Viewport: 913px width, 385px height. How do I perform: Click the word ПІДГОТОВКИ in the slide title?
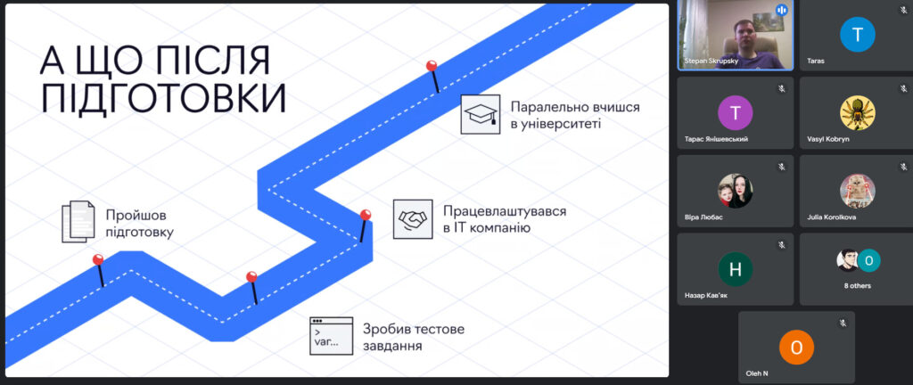(x=163, y=97)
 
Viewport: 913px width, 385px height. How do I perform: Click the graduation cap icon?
(x=480, y=115)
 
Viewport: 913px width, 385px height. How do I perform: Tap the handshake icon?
(x=413, y=218)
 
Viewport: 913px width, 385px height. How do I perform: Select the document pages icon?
(x=78, y=222)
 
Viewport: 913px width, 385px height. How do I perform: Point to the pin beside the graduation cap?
(x=432, y=67)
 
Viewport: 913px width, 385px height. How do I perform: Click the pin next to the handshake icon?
(x=366, y=217)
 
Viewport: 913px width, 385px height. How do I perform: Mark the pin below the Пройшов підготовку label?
(x=98, y=261)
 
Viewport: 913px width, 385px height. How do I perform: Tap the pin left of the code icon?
(x=251, y=278)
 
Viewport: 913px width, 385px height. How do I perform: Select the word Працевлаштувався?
(x=505, y=211)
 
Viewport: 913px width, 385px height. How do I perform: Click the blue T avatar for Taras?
(x=858, y=36)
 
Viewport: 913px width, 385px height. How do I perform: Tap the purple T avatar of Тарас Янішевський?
(x=736, y=113)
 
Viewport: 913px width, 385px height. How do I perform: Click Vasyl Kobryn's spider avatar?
(x=858, y=113)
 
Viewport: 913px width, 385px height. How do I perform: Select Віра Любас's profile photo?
(x=736, y=191)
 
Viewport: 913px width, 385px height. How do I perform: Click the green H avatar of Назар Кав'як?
(x=736, y=269)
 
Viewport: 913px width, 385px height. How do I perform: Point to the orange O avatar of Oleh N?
(x=797, y=347)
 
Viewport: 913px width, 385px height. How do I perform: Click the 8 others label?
(x=858, y=285)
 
